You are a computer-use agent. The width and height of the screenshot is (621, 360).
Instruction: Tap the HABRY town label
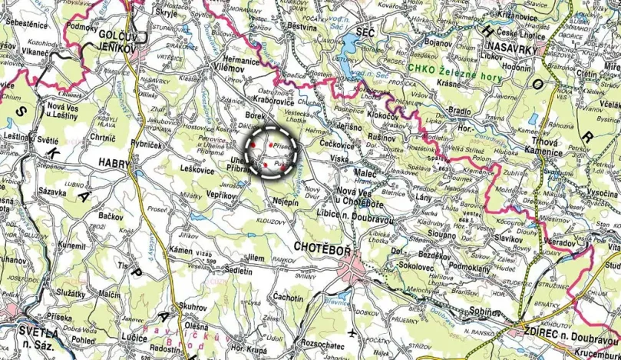pos(115,162)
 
